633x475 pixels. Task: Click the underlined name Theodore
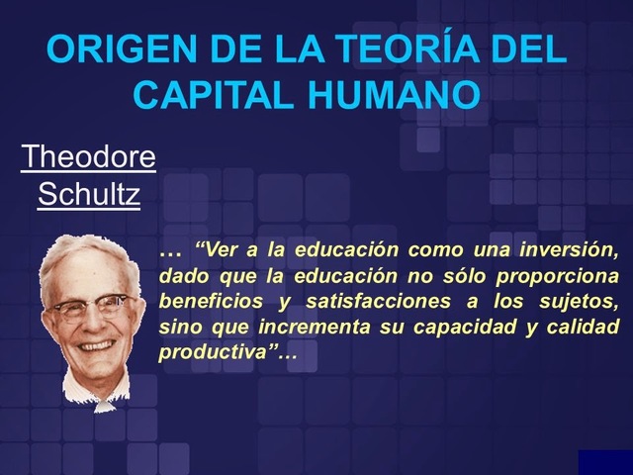(88, 157)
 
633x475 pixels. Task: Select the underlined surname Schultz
(88, 195)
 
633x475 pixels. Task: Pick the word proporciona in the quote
(563, 275)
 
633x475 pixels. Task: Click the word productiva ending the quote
(209, 353)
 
